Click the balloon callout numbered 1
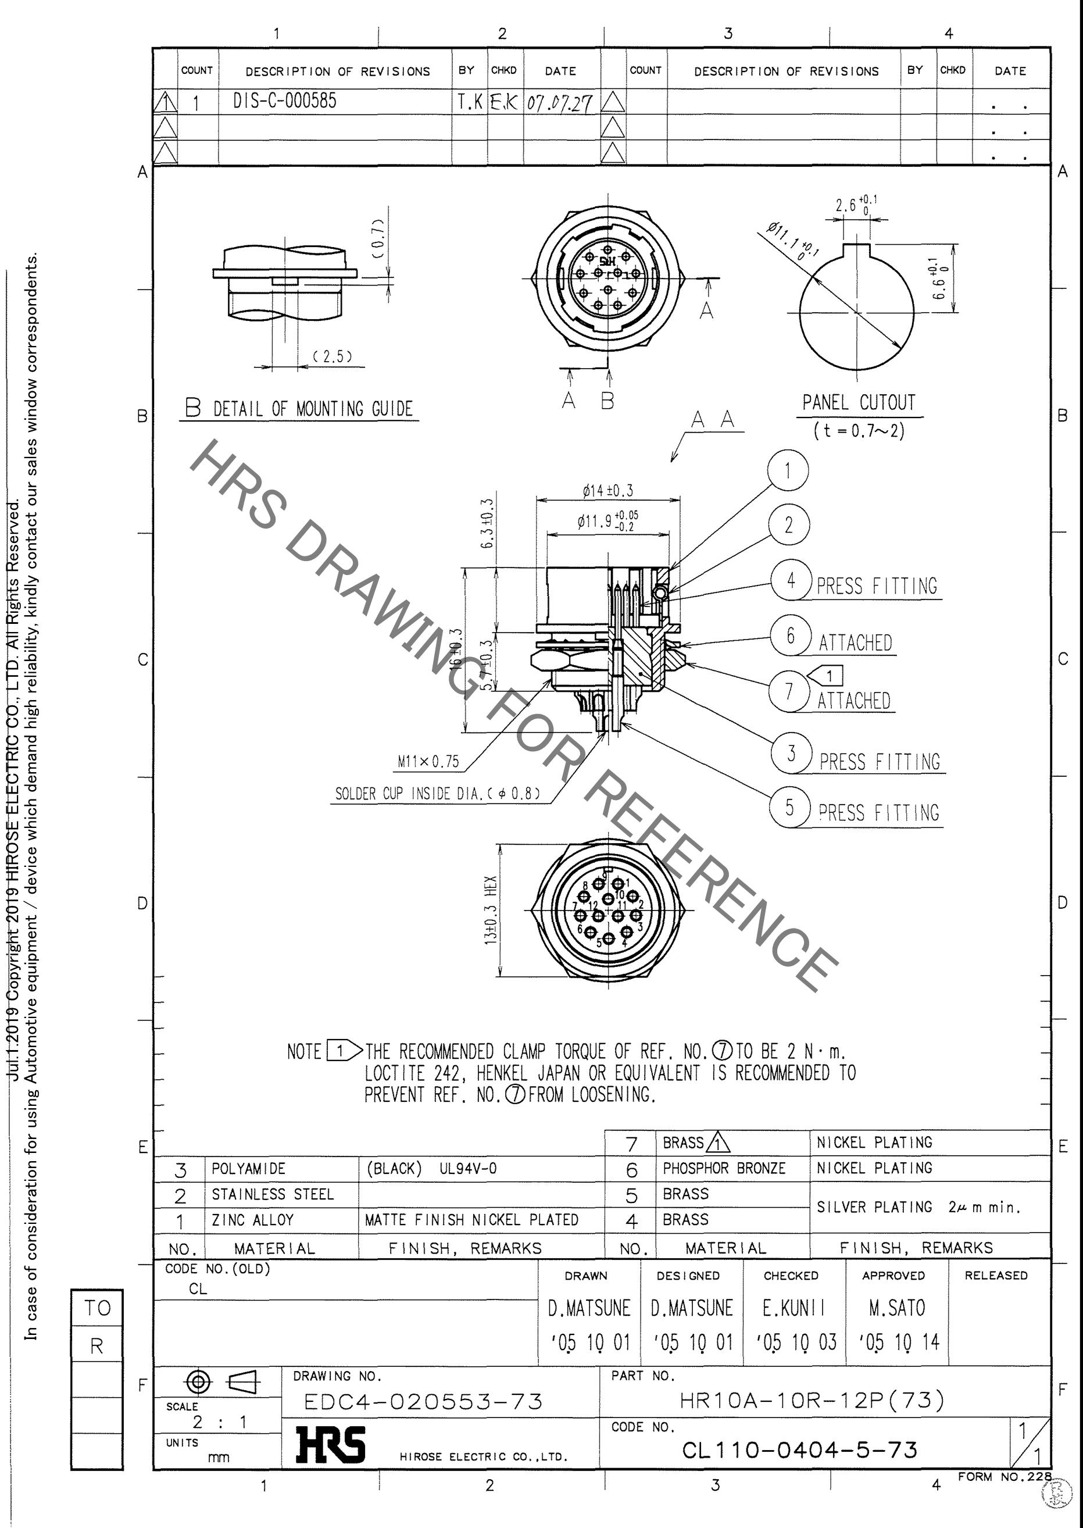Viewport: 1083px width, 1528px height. coord(788,470)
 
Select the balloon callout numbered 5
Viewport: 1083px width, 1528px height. coord(789,808)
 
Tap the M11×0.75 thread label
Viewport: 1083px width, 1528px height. coord(428,762)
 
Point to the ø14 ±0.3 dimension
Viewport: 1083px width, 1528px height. coord(607,491)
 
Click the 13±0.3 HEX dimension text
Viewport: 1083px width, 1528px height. coord(491,910)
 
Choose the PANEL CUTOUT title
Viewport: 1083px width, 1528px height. coord(859,403)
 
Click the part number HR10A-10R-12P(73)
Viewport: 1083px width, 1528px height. coord(812,1400)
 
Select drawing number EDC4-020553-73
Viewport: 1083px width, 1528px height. coord(423,1401)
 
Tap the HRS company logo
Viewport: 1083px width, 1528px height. coord(331,1445)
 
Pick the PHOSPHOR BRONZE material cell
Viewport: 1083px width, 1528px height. coord(724,1168)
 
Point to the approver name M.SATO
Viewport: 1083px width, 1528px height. coord(896,1308)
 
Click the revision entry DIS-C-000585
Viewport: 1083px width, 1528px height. coord(285,101)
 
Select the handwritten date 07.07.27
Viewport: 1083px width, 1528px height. coord(559,103)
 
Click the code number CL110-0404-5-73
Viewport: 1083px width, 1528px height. coord(799,1450)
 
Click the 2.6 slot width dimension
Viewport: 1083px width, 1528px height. coord(846,205)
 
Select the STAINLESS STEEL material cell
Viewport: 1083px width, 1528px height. coord(272,1194)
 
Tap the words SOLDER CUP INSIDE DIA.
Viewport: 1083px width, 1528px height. coord(408,794)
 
